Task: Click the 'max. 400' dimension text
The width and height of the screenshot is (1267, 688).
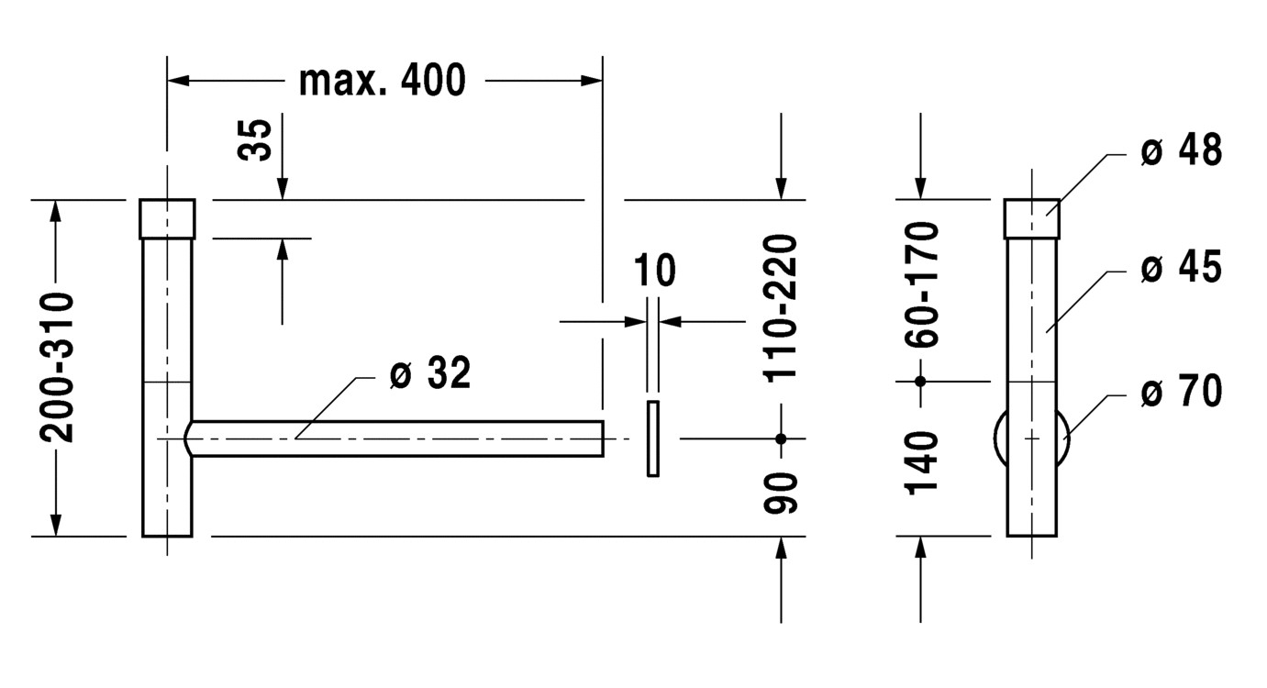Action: [383, 81]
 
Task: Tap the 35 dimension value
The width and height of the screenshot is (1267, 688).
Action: [254, 139]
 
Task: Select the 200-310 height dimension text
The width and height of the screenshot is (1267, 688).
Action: [57, 367]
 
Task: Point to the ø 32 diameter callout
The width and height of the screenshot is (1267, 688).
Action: [430, 372]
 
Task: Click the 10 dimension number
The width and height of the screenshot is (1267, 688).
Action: [654, 270]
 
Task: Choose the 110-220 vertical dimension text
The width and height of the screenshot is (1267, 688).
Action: [781, 308]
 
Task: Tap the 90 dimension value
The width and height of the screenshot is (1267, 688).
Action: [781, 493]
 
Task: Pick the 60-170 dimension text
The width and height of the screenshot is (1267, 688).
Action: [921, 284]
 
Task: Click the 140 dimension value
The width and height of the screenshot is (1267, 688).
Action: [921, 463]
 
